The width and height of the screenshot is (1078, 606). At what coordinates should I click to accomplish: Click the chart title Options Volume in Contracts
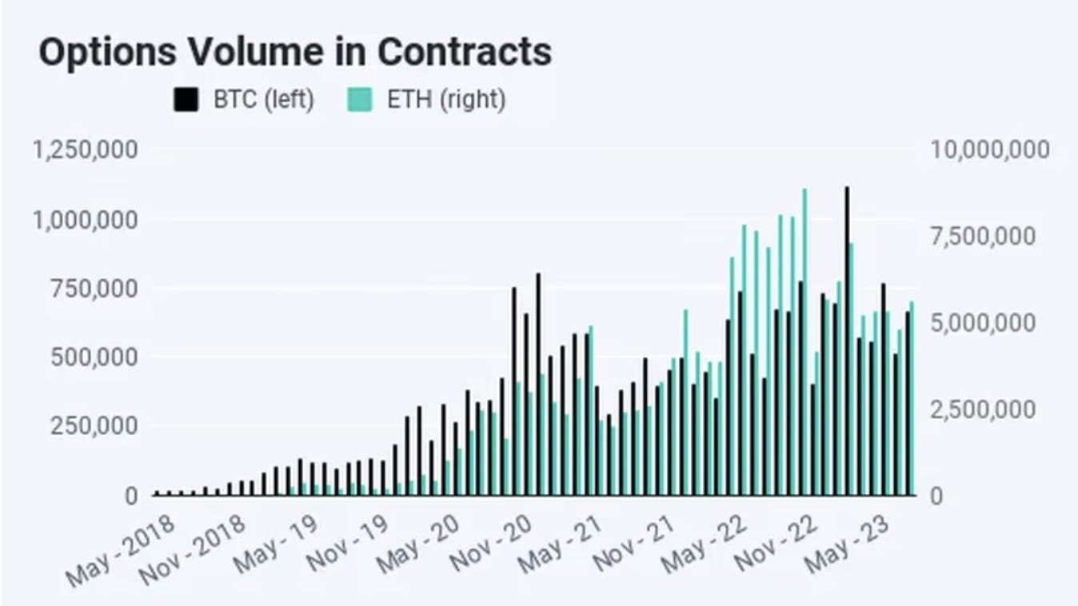pyautogui.click(x=295, y=53)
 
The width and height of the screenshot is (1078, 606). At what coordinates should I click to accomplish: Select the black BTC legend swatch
pyautogui.click(x=186, y=101)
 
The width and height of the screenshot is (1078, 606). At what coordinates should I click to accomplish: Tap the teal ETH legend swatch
pyautogui.click(x=360, y=101)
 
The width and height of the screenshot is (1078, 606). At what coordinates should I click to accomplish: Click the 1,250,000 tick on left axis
pyautogui.click(x=85, y=150)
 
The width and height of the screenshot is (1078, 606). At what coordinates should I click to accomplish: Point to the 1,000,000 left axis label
pyautogui.click(x=85, y=219)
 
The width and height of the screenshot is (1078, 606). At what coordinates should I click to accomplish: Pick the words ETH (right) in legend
pyautogui.click(x=446, y=101)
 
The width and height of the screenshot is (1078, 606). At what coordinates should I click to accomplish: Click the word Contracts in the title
pyautogui.click(x=465, y=53)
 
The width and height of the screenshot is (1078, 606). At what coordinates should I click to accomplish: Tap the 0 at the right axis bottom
pyautogui.click(x=938, y=496)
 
